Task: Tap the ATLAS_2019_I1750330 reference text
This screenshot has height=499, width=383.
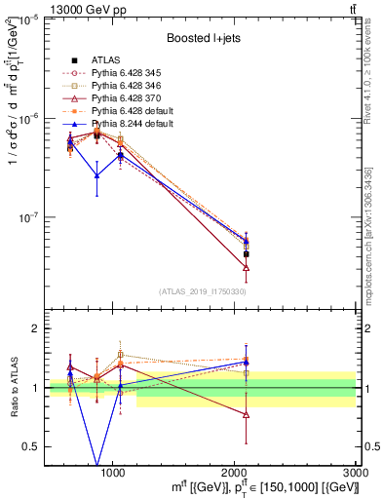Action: click(x=203, y=291)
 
